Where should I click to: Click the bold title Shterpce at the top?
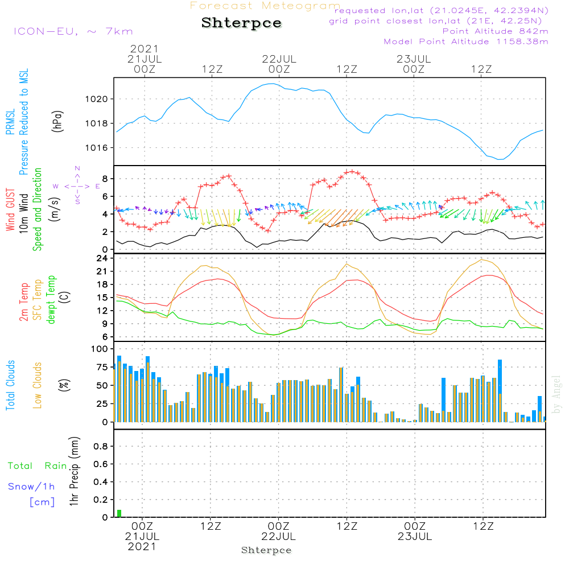click(x=241, y=23)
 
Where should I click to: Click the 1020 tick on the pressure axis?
click(x=96, y=99)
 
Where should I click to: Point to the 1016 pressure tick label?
click(x=96, y=148)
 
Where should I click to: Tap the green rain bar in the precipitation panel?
click(x=119, y=513)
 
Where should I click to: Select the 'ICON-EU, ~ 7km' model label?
click(x=73, y=31)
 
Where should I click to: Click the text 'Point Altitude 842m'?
click(x=495, y=31)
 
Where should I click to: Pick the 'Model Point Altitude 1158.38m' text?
click(x=466, y=42)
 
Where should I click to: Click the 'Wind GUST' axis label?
click(x=10, y=209)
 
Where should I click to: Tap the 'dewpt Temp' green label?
click(x=51, y=299)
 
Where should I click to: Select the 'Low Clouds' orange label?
click(x=38, y=385)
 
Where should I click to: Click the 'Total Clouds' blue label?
click(x=10, y=385)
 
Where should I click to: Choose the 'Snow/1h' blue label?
click(x=31, y=486)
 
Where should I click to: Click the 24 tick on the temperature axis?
click(x=102, y=258)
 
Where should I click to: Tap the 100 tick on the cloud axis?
click(x=100, y=349)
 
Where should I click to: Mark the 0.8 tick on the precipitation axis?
click(x=101, y=446)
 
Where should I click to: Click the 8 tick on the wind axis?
click(x=105, y=179)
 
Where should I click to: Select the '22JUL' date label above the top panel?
click(x=279, y=59)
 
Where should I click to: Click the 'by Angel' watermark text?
click(x=556, y=394)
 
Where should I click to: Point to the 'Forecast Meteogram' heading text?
click(x=265, y=6)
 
